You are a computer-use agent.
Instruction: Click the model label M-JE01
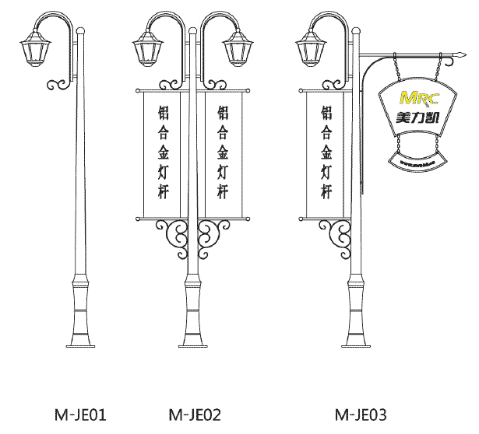click(79, 414)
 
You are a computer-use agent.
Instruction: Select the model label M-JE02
click(194, 414)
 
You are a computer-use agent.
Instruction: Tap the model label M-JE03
click(361, 414)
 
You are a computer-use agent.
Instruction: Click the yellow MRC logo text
click(418, 99)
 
